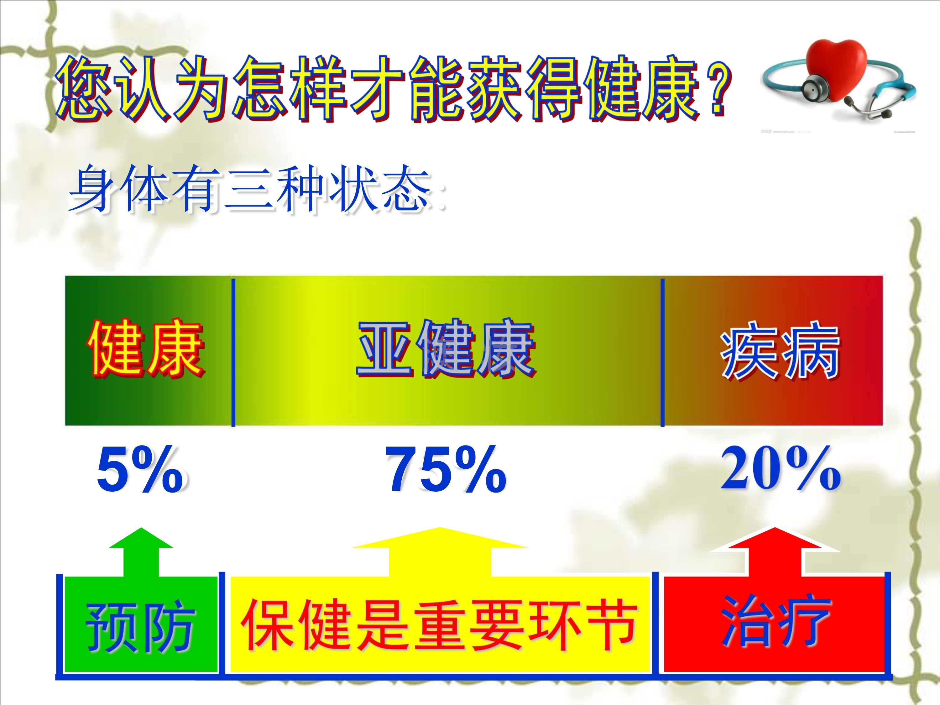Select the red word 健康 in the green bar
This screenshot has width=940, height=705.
pos(146,348)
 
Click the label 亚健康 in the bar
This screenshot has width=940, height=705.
pos(446,348)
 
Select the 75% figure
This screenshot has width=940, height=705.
pos(445,470)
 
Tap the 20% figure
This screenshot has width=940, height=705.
pos(780,469)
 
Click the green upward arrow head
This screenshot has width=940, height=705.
pos(141,538)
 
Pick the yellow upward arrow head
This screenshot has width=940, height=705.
pos(440,538)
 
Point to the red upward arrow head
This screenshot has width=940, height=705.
pos(775,539)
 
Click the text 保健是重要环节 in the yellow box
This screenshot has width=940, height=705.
pos(439,625)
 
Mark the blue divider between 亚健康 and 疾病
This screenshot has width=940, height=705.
pos(662,352)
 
